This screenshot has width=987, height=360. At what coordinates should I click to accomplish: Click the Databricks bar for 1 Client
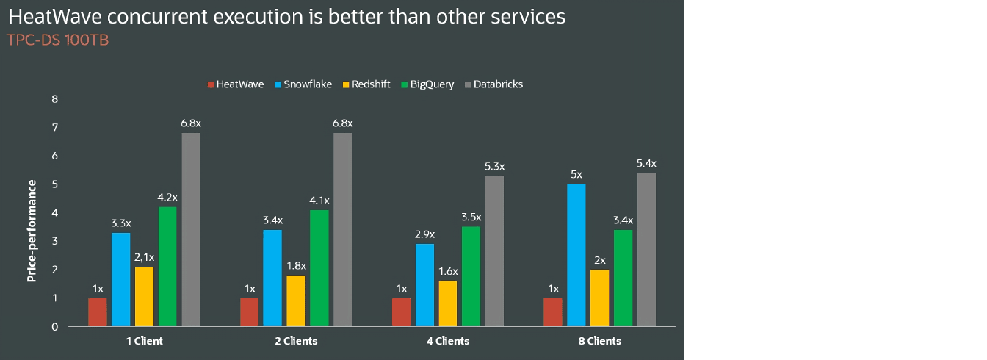coord(191,229)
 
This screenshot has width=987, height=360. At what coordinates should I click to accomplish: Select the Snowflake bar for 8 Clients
coord(576,255)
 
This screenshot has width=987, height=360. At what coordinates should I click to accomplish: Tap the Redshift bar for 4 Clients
coord(448,303)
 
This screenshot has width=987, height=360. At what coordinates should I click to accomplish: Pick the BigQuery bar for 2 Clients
coord(319,268)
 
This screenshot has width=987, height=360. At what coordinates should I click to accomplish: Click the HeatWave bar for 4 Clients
coord(401,312)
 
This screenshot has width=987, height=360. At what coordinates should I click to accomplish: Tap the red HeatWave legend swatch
coord(211,84)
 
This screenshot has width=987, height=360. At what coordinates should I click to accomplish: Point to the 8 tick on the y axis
coord(54,99)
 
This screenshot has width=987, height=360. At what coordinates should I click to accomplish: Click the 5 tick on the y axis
coord(54,184)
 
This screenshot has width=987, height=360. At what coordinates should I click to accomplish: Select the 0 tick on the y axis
coord(54,327)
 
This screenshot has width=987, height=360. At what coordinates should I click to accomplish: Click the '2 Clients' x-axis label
coord(296,342)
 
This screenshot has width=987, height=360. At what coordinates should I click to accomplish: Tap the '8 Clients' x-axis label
coord(599,342)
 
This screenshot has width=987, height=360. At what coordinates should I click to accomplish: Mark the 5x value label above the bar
coord(576,175)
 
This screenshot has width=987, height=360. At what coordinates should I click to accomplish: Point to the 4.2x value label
coord(167,198)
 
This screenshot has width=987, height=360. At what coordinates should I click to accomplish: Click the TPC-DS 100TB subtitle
coord(57,40)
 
